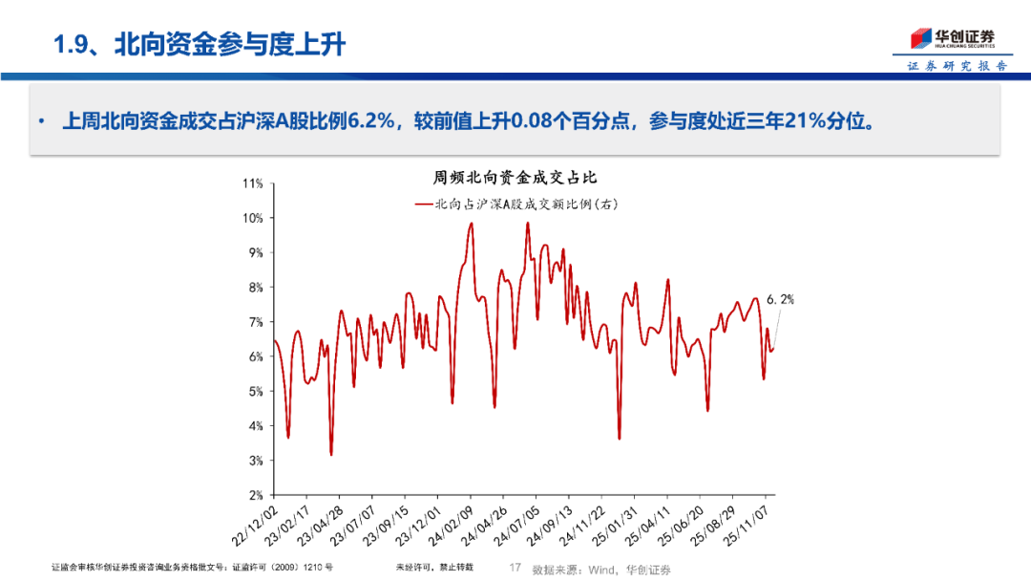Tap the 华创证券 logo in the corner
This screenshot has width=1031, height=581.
pos(951,39)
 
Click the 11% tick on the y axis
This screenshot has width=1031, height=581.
pos(252,183)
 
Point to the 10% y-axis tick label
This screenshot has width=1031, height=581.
pos(252,218)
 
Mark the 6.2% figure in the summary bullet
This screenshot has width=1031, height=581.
pos(367,122)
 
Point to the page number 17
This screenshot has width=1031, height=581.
pos(515,569)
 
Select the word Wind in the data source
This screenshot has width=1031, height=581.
pos(602,570)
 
